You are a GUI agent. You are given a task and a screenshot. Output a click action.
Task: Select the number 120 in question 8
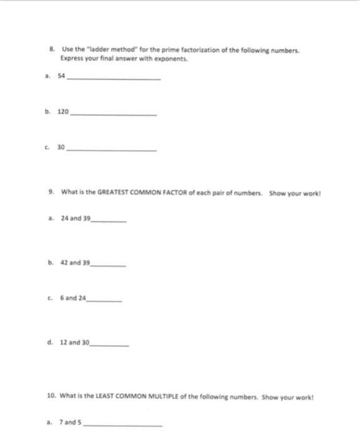tap(63, 112)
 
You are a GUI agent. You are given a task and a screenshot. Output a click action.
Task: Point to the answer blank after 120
tap(113, 114)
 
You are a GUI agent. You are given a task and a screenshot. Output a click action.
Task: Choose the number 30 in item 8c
tap(61, 148)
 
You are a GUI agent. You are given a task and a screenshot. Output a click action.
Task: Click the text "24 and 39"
tap(76, 219)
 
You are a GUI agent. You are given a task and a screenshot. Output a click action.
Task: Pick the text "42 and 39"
tap(76, 263)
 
